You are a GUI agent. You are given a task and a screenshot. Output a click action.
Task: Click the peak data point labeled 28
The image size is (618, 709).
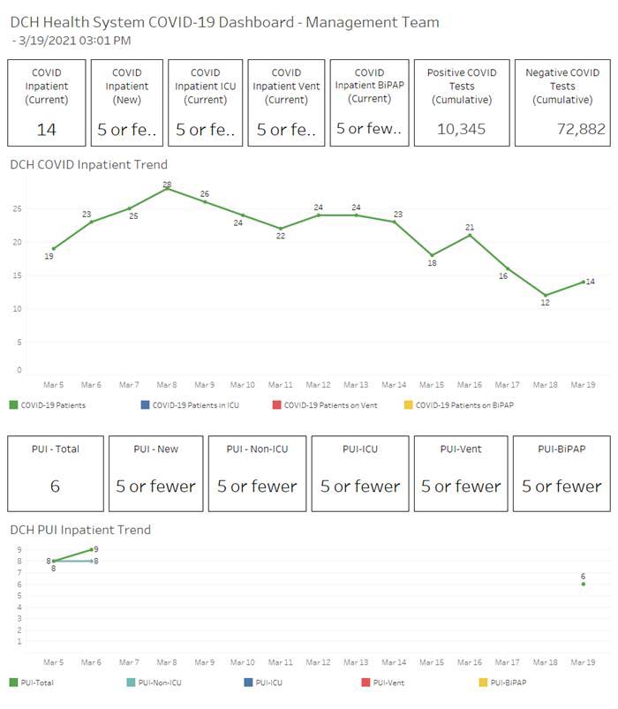(x=167, y=189)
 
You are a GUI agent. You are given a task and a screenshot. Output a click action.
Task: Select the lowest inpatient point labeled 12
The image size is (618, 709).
(x=546, y=295)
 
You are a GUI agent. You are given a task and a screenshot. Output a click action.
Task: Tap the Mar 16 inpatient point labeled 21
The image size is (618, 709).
(x=470, y=235)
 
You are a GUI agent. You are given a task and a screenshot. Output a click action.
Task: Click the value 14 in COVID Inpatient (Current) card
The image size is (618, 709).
(x=47, y=130)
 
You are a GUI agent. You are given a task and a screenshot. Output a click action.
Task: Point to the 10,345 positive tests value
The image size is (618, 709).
(x=462, y=130)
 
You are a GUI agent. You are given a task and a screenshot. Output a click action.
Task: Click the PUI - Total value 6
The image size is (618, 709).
(x=55, y=486)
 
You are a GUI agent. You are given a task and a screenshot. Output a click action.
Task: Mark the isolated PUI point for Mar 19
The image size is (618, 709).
(x=584, y=584)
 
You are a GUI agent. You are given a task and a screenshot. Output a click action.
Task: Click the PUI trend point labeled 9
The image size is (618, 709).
(x=92, y=549)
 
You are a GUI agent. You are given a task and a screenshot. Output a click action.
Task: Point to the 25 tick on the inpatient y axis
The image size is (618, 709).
(x=17, y=209)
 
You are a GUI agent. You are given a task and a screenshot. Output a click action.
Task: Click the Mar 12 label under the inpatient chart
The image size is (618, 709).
(x=319, y=385)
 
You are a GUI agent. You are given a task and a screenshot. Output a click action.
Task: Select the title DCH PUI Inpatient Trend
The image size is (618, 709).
(x=80, y=530)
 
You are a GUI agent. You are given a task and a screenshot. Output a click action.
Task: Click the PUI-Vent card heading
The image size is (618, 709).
(x=462, y=449)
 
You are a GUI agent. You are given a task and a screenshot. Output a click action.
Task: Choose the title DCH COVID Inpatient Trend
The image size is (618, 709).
(x=88, y=164)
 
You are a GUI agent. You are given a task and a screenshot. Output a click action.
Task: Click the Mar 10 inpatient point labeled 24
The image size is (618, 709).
(x=243, y=215)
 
